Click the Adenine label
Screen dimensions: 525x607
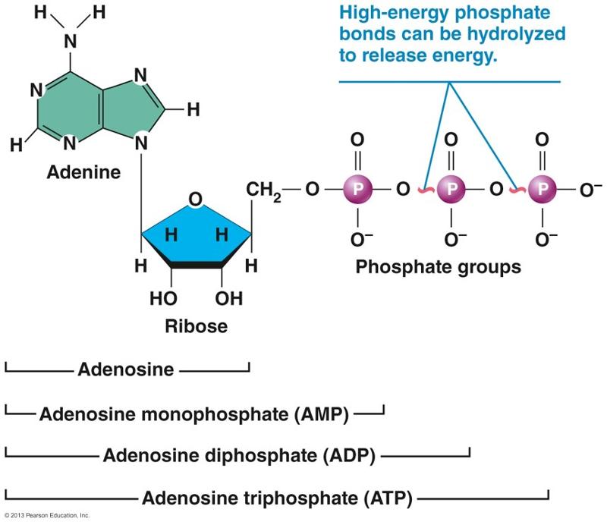(x=83, y=172)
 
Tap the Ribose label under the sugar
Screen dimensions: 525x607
(x=196, y=327)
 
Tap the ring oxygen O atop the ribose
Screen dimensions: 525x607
(x=195, y=200)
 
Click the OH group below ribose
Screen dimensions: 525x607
(x=228, y=298)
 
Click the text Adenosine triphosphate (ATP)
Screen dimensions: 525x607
(x=277, y=498)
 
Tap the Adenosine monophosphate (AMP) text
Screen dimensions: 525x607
(x=193, y=413)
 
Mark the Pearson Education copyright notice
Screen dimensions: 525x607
(x=47, y=516)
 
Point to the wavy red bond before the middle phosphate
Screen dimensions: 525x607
(x=426, y=190)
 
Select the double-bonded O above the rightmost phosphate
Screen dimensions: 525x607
(x=542, y=140)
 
